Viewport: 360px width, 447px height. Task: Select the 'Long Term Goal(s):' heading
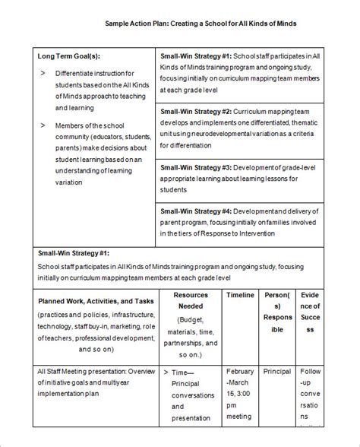point(68,57)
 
